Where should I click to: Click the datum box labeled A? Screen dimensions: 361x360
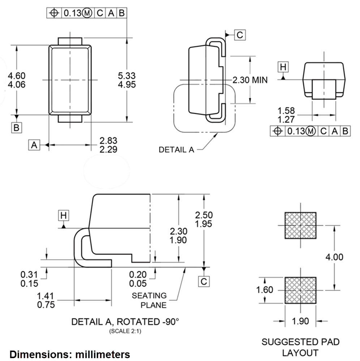34,145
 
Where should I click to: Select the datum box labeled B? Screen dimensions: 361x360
16,127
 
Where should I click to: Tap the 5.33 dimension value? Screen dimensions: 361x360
127,75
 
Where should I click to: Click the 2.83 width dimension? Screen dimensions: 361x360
108,140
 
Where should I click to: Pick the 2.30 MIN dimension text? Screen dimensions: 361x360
250,80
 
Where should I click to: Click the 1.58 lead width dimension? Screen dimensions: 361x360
286,110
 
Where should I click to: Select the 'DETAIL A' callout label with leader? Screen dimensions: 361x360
176,149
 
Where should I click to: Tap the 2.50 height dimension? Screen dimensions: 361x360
204,215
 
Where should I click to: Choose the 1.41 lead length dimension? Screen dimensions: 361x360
46,296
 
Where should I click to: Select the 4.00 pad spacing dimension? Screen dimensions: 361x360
334,257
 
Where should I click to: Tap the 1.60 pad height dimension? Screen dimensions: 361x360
265,290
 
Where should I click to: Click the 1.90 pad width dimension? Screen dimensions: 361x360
300,321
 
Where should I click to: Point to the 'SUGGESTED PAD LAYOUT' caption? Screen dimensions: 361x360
300,347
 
